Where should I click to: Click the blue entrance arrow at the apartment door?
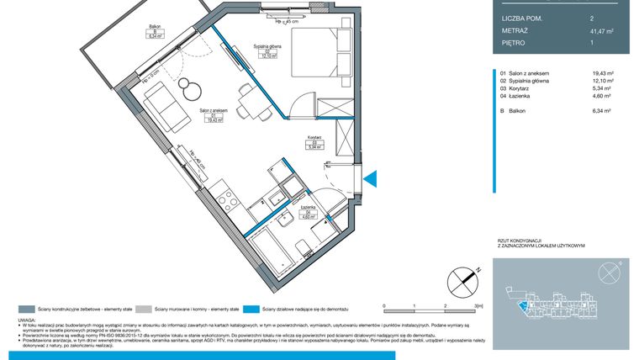(x=373, y=178)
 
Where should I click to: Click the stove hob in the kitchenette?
(x=225, y=199)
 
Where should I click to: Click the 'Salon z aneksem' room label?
(x=214, y=111)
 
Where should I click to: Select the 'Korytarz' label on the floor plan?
(x=314, y=137)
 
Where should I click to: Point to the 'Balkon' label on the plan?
(x=153, y=27)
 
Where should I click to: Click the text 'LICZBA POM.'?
(x=522, y=17)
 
